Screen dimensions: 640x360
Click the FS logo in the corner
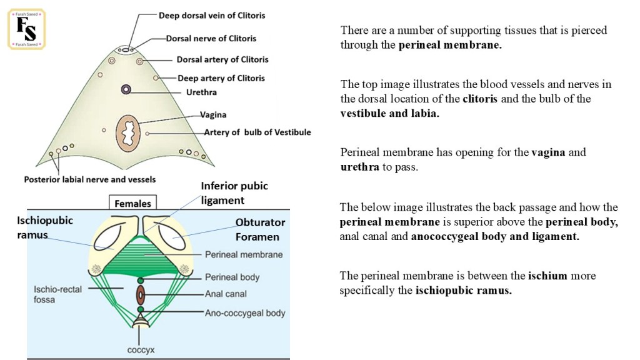tap(26, 29)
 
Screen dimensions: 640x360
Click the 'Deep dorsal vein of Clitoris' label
tap(212, 16)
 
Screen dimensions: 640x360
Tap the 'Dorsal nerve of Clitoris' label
tap(211, 38)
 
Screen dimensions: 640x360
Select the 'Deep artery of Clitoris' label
tap(221, 78)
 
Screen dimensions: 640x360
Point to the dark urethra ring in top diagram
tap(126, 89)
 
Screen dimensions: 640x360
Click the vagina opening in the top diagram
tap(128, 134)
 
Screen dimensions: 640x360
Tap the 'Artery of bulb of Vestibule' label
tap(257, 132)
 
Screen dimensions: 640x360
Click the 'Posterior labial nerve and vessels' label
tap(90, 179)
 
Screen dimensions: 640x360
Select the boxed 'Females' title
tap(132, 203)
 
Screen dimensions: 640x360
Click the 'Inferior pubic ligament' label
tap(234, 193)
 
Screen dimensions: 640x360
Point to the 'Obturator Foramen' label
tap(260, 229)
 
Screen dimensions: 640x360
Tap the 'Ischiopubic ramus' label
tap(45, 227)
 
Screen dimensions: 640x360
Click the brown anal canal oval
tap(141, 295)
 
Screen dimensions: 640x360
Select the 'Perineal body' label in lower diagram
tap(232, 277)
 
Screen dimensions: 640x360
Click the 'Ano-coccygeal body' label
tap(245, 313)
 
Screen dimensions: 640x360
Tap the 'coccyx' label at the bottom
tap(141, 350)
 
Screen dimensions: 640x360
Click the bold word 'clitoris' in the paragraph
tap(480, 99)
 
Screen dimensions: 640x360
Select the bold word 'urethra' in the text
tap(359, 167)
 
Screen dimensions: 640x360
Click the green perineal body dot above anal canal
tap(141, 281)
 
